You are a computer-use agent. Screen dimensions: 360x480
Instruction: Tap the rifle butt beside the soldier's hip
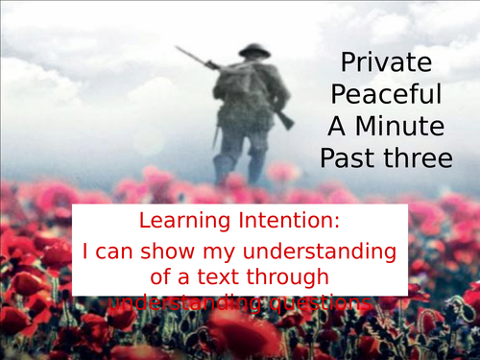[x=283, y=119]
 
